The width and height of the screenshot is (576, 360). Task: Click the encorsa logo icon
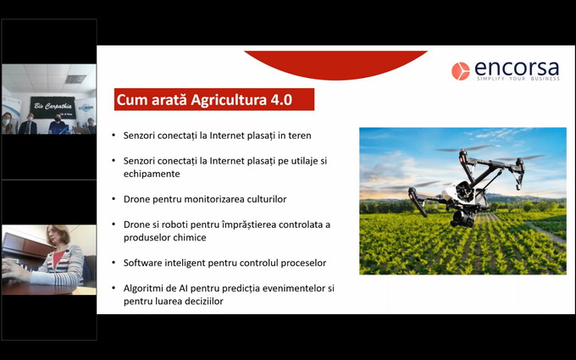coord(460,71)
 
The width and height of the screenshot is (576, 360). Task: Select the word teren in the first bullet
coord(298,136)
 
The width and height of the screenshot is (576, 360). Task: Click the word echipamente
coord(151,174)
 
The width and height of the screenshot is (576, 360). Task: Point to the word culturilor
coord(260,199)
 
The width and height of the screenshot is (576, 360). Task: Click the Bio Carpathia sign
coord(53,107)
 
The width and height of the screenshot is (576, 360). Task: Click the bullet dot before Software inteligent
coord(114,263)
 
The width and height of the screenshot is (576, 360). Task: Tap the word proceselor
coord(300,263)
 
